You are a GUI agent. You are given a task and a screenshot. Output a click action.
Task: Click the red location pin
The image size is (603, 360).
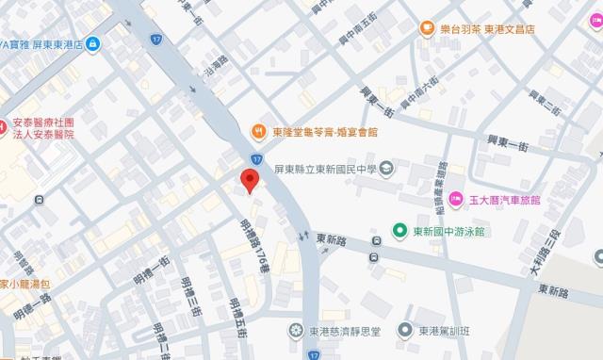[248, 180]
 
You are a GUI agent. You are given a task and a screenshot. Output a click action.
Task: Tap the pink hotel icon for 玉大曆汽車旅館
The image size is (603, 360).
[456, 199]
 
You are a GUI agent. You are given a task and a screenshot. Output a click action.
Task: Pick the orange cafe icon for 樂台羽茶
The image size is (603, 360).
[427, 28]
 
